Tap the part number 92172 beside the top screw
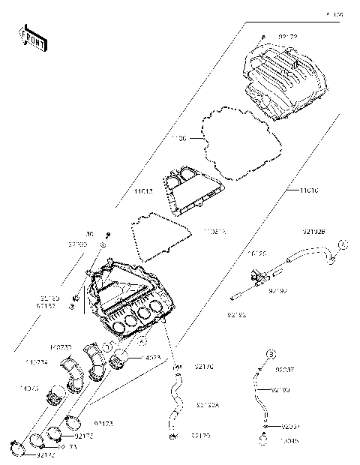(287, 36)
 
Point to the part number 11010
(309, 190)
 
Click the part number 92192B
(313, 231)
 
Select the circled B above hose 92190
(272, 352)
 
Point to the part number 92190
(280, 390)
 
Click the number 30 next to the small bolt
(90, 234)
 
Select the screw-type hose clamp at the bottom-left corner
(22, 448)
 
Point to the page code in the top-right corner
(334, 14)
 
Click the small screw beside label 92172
(262, 36)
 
